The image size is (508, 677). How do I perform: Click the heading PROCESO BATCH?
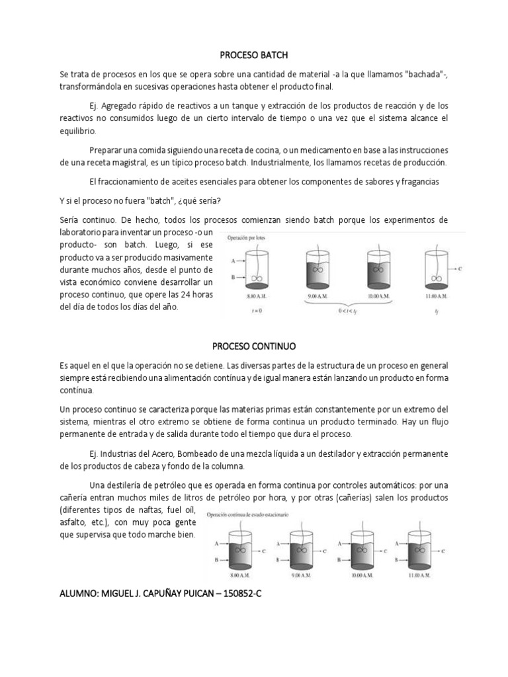[x=255, y=56]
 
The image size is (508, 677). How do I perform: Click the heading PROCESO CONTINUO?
[x=255, y=346]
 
